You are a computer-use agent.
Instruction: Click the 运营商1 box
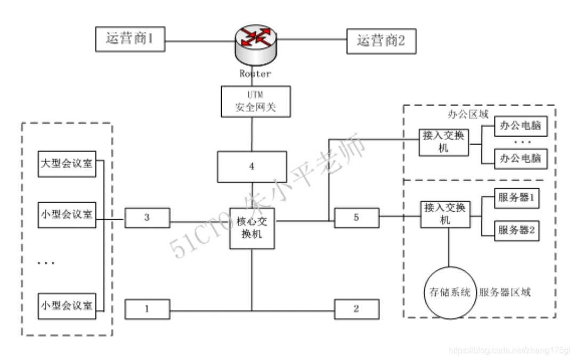pyautogui.click(x=130, y=39)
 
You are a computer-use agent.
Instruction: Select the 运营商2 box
pyautogui.click(x=381, y=41)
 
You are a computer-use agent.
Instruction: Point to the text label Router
pyautogui.click(x=255, y=74)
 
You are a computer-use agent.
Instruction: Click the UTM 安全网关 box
pyautogui.click(x=256, y=101)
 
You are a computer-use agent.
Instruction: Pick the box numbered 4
pyautogui.click(x=252, y=167)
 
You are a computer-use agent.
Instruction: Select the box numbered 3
pyautogui.click(x=148, y=218)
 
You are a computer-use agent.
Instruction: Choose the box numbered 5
pyautogui.click(x=357, y=218)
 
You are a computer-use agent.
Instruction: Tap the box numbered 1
pyautogui.click(x=148, y=309)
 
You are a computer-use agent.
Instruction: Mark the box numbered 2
pyautogui.click(x=357, y=309)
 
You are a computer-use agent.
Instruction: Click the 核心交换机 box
pyautogui.click(x=252, y=228)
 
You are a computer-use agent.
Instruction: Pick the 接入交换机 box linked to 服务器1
pyautogui.click(x=445, y=213)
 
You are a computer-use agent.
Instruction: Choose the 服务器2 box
pyautogui.click(x=516, y=230)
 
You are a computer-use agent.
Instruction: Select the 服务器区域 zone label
pyautogui.click(x=505, y=292)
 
